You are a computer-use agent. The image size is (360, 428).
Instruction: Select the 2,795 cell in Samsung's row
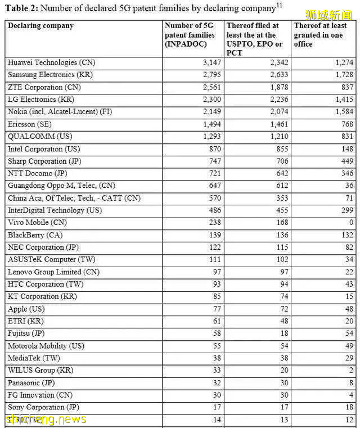tap(211, 75)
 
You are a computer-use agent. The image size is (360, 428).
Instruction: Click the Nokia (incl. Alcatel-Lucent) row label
tap(60, 112)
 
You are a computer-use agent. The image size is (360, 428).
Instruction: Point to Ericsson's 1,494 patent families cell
tap(211, 124)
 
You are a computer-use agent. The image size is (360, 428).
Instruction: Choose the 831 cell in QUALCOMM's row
tap(347, 137)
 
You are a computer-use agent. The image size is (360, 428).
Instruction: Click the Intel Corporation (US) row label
tap(43, 149)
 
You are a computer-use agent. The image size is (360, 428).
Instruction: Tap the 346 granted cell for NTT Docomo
tap(347, 174)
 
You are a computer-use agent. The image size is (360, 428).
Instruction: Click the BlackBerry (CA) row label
tap(35, 235)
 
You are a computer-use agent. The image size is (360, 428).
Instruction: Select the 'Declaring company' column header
tap(40, 26)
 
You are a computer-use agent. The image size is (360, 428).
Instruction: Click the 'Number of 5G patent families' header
tap(190, 35)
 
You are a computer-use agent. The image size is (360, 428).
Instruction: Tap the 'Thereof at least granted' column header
tap(321, 35)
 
